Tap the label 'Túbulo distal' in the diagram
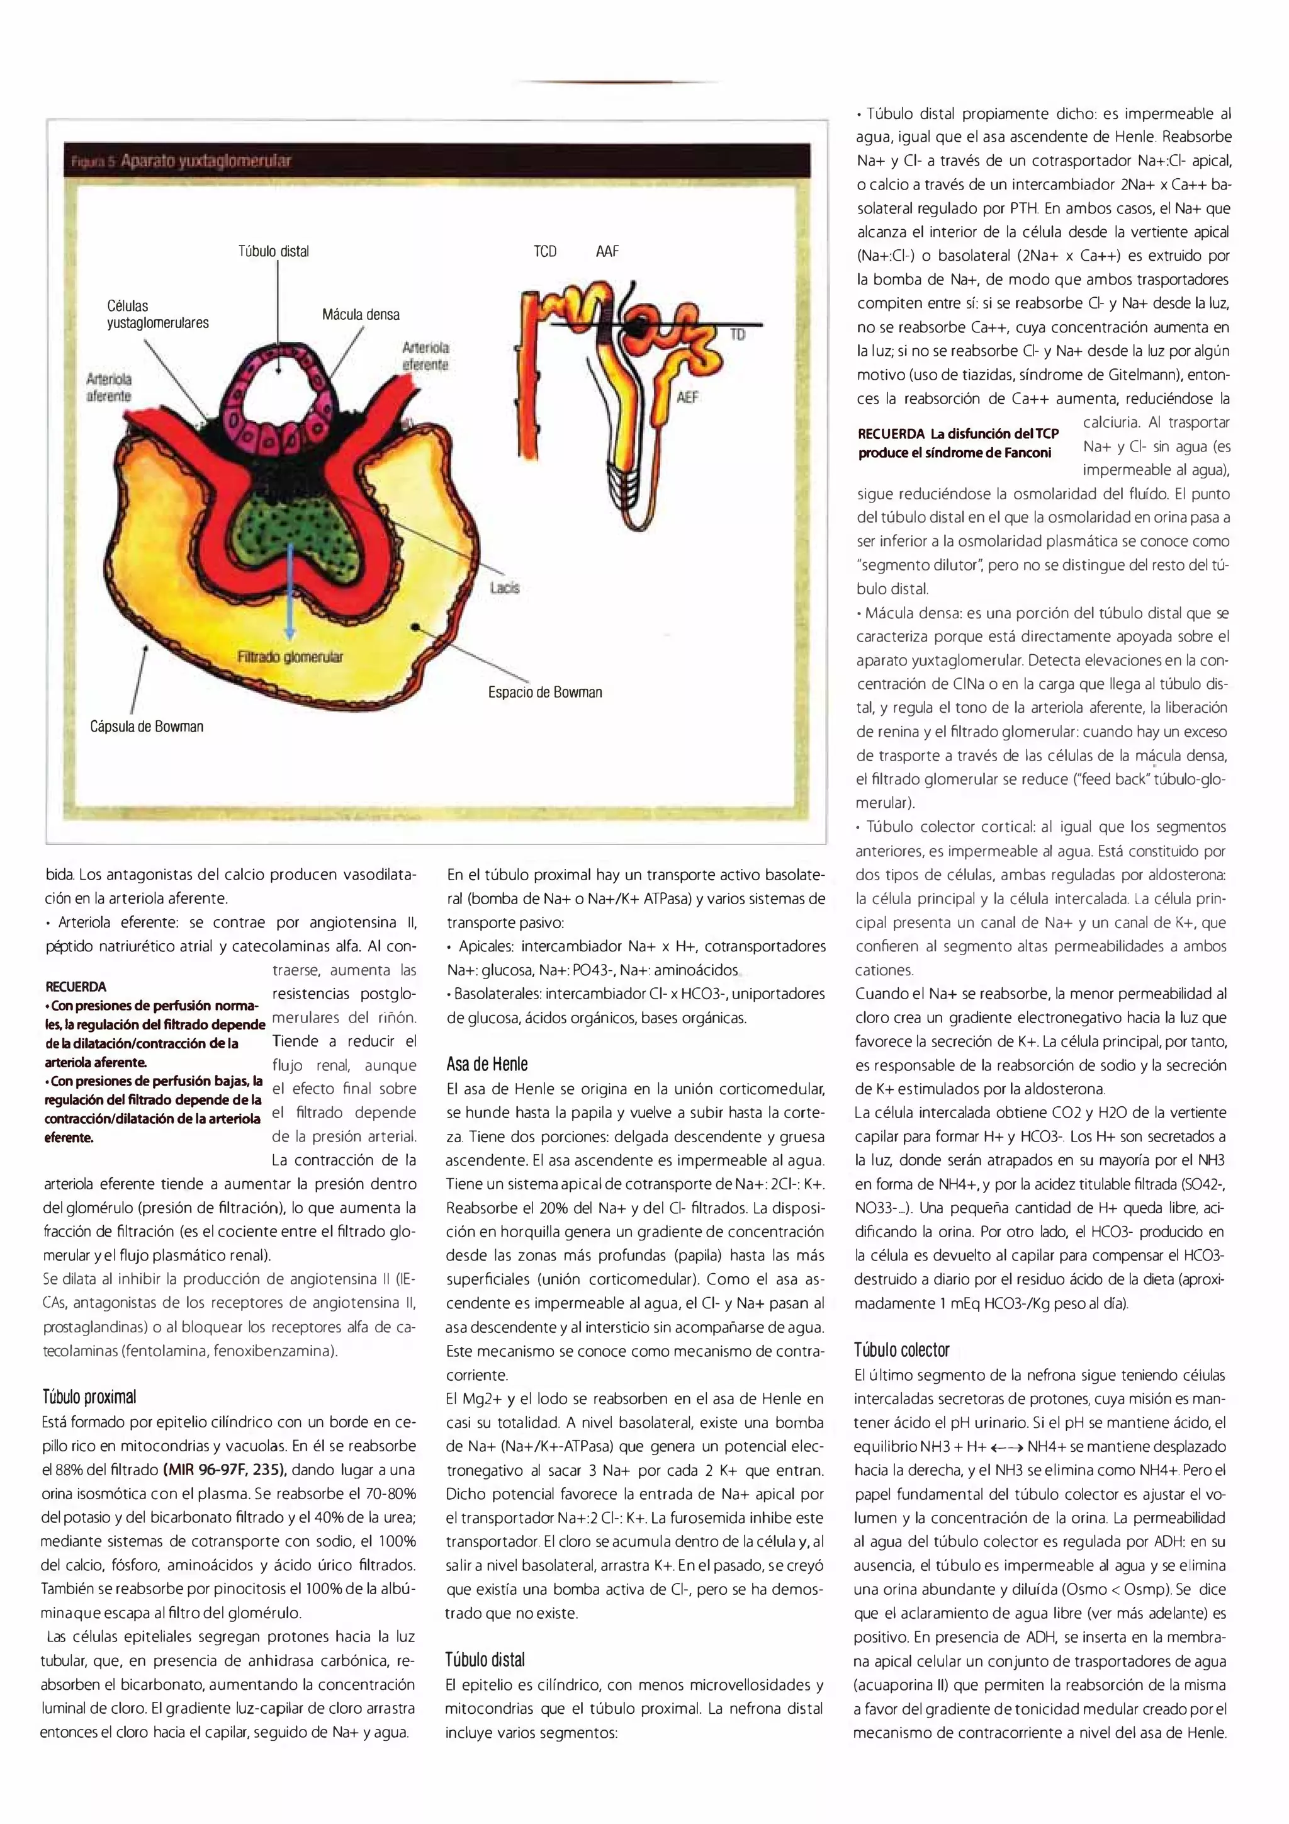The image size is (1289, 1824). [x=273, y=251]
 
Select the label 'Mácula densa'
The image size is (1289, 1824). [x=361, y=315]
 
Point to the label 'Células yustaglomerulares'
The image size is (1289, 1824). [x=157, y=315]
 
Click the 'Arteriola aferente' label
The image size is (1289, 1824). [x=109, y=388]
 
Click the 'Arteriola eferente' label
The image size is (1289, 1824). [x=425, y=356]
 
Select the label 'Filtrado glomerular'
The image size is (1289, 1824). [x=290, y=656]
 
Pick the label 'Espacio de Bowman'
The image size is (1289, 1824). [x=545, y=692]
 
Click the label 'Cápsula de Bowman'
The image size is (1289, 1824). [x=147, y=726]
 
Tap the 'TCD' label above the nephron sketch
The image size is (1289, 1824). [x=545, y=251]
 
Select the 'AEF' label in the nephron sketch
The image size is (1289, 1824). [x=687, y=397]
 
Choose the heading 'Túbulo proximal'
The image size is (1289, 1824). [x=89, y=1330]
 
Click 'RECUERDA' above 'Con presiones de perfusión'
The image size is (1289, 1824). [x=76, y=987]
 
